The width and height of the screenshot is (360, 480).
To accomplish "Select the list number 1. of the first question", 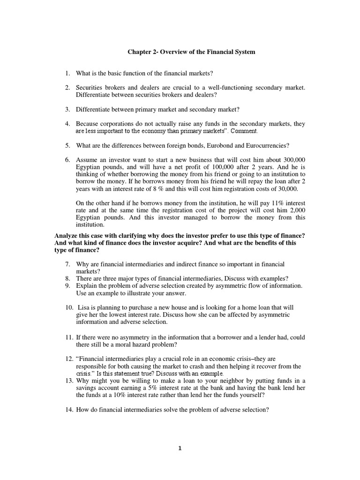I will point(67,74).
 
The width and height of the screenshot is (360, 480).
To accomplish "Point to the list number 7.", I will point(67,265).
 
